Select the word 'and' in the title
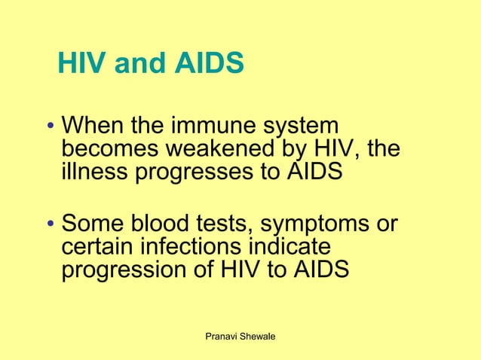tap(138, 66)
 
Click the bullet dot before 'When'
tap(49, 127)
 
